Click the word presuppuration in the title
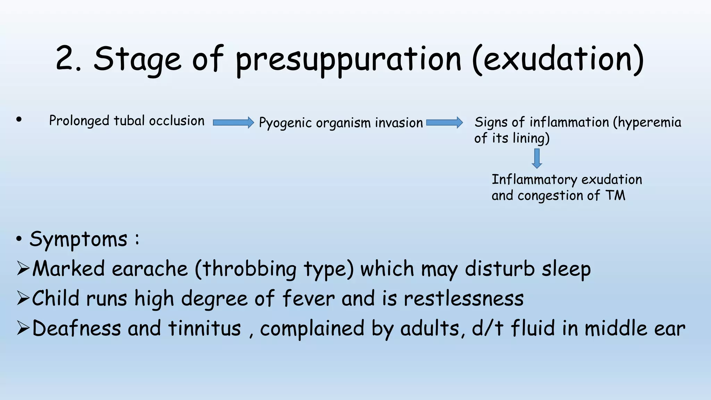coord(349,60)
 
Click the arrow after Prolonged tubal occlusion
coord(233,123)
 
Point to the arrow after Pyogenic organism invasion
coord(444,123)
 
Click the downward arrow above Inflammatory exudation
coord(537,158)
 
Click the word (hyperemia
coord(647,123)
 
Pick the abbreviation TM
coord(615,195)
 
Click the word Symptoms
coord(78,240)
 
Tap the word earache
coord(150,269)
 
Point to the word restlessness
coord(463,299)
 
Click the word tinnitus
coord(204,328)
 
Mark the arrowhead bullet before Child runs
coord(23,299)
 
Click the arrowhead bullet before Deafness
coord(23,328)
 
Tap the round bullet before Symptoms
coord(19,239)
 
